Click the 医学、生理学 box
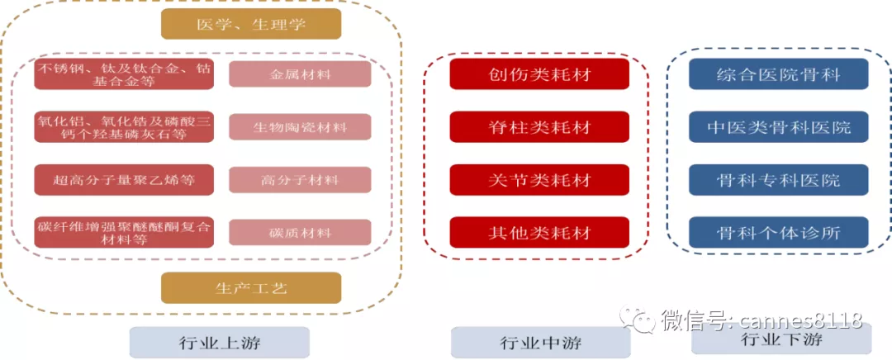coord(251,24)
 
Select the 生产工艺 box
coord(251,288)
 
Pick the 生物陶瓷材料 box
coord(300,127)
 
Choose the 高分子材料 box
coord(300,179)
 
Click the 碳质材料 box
coord(300,232)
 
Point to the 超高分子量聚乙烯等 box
coord(125,179)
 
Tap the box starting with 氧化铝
coord(125,127)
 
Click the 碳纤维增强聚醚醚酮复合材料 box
coord(125,232)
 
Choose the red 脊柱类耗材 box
coord(539,127)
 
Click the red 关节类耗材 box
coord(539,179)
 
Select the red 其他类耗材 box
coord(539,232)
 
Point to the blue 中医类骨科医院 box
coord(779,127)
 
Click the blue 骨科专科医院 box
coord(779,179)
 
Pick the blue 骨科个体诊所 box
coord(779,232)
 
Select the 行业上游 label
coord(219,342)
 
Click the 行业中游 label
coord(540,342)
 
